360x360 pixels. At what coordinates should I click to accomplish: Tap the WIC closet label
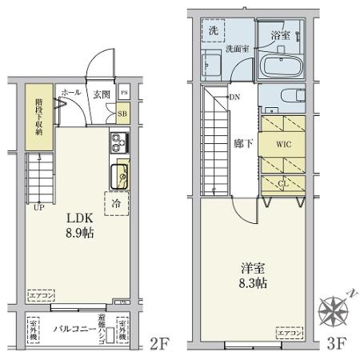point(284,146)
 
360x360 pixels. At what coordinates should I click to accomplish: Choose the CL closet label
point(284,181)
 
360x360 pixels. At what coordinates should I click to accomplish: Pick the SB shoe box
point(123,114)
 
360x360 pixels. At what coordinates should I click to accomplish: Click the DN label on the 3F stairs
point(235,98)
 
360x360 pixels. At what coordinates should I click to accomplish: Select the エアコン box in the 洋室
point(288,330)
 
